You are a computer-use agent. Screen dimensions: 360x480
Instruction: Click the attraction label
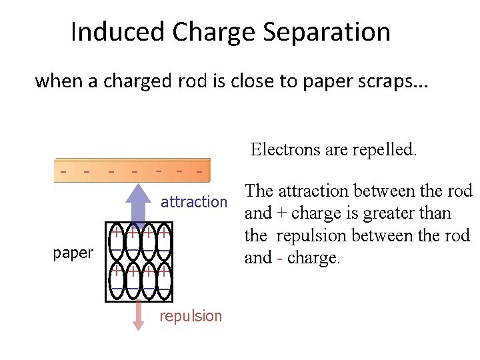(x=194, y=202)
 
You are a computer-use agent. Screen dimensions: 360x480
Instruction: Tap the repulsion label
(x=191, y=316)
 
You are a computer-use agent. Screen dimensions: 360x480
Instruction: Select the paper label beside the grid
(x=73, y=253)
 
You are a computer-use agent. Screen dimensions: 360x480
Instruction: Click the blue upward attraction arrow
(x=139, y=200)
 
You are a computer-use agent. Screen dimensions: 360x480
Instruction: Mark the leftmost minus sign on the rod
(x=63, y=171)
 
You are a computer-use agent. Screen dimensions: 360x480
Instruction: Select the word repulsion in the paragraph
(x=311, y=236)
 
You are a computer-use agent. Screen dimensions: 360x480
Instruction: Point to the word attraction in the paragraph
(x=314, y=191)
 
